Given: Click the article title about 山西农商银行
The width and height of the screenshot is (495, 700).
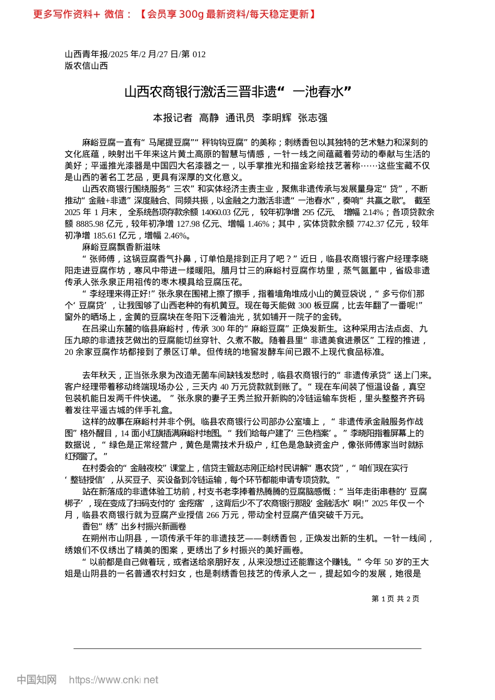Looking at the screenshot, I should click(x=238, y=92).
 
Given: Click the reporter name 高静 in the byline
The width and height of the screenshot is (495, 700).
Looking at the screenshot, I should click(x=209, y=118).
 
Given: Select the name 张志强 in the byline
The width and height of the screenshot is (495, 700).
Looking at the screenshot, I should click(x=313, y=118).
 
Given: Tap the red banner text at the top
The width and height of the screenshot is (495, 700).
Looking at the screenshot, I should click(x=175, y=15).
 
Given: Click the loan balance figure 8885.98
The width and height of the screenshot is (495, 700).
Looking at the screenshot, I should click(x=90, y=224).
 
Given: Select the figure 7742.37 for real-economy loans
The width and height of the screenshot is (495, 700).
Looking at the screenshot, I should click(x=370, y=224).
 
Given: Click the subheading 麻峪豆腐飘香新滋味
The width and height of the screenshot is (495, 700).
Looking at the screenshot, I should click(x=121, y=247).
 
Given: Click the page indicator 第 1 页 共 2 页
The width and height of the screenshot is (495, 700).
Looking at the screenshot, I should click(x=395, y=599).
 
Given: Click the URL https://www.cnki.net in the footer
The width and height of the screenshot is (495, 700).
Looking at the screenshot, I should click(x=114, y=680).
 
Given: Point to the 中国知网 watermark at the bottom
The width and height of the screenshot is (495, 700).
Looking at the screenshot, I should click(x=36, y=680).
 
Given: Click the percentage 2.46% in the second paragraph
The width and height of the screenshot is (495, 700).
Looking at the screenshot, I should click(x=176, y=235).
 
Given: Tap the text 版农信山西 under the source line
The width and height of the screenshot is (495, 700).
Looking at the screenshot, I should click(x=86, y=66).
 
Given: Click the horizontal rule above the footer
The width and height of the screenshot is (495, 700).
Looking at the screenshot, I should click(x=247, y=648).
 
